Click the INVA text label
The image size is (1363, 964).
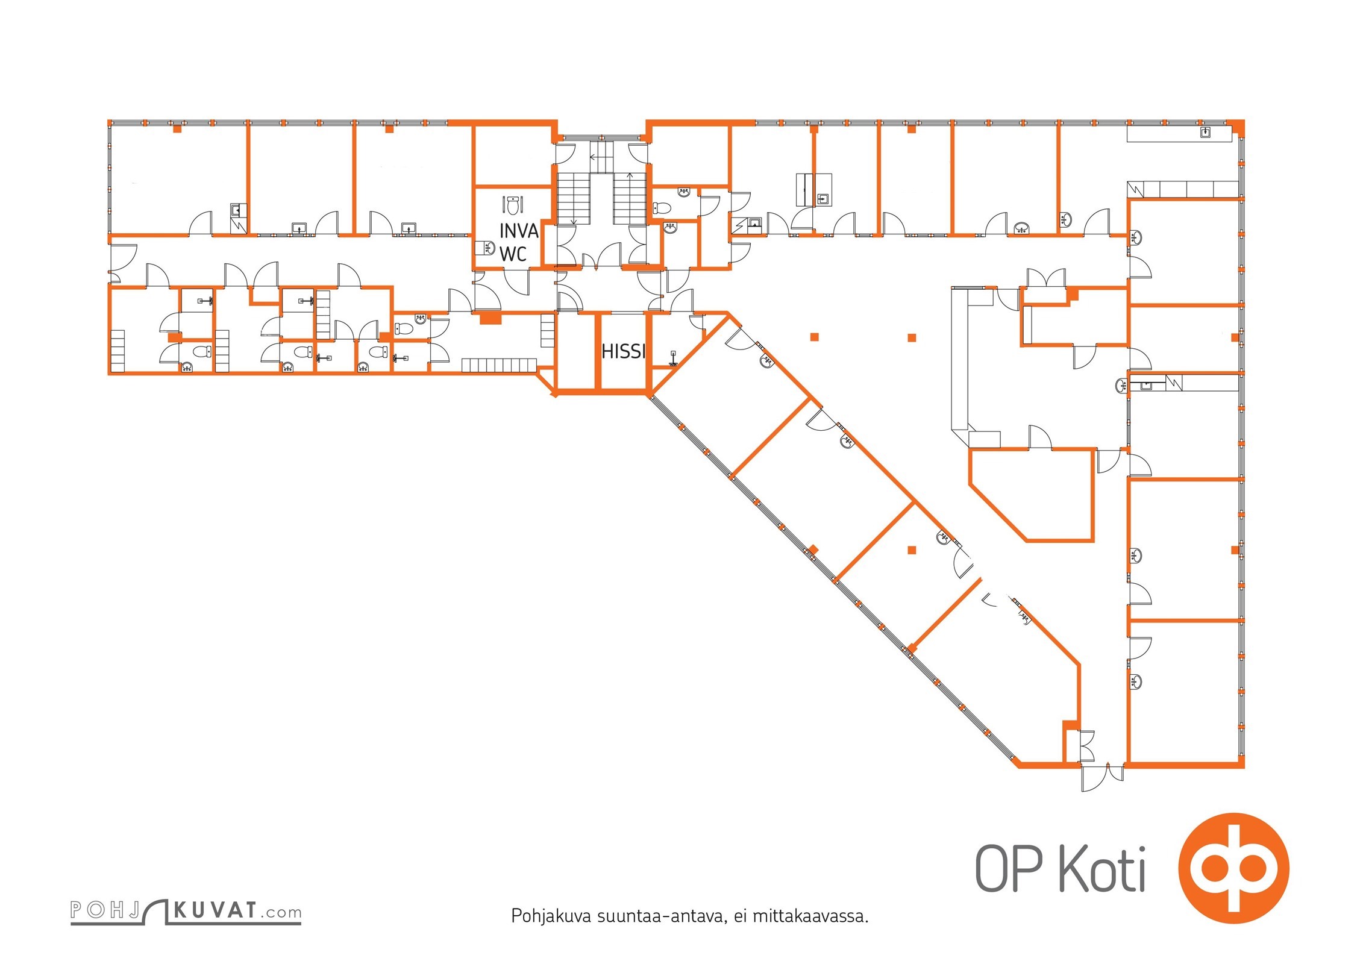pyautogui.click(x=518, y=231)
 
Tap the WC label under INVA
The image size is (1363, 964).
pyautogui.click(x=513, y=254)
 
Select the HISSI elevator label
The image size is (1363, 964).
pyautogui.click(x=624, y=351)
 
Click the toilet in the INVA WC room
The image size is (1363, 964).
pyautogui.click(x=512, y=205)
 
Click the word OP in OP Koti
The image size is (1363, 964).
pyautogui.click(x=1009, y=868)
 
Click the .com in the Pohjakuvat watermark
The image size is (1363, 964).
pyautogui.click(x=281, y=912)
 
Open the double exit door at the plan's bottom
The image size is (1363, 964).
pyautogui.click(x=1103, y=777)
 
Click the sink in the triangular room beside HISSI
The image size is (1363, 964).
pyautogui.click(x=673, y=359)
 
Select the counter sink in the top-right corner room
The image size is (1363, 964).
pyautogui.click(x=1206, y=133)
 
